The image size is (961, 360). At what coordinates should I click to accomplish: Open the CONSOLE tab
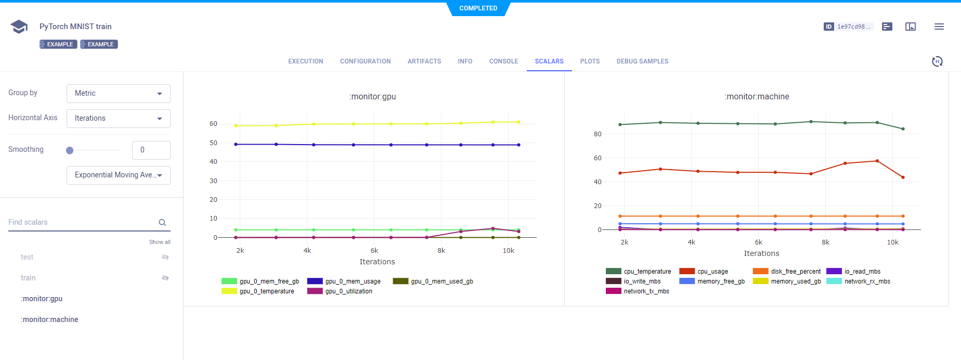coord(503,61)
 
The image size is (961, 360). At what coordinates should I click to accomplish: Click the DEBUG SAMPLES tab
coord(642,61)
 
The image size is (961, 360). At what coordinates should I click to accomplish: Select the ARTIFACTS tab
coord(424,61)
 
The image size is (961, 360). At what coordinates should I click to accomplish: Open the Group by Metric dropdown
coord(119,94)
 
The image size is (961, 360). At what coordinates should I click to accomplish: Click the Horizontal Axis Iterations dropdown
coord(119,119)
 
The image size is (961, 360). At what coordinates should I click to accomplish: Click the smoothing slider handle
coord(70,150)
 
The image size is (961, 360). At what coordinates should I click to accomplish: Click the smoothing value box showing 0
coord(151,150)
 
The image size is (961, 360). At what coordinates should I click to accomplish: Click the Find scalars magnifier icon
coord(162,223)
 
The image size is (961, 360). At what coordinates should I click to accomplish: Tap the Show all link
coord(160,242)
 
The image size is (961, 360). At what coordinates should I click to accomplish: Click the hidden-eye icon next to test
coord(165,258)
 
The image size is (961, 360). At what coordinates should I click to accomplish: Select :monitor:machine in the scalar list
coord(49,319)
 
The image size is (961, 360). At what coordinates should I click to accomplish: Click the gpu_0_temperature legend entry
coord(266,291)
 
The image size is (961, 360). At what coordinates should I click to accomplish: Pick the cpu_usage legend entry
coord(712,272)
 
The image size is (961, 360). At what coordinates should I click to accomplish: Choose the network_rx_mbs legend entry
coord(867,281)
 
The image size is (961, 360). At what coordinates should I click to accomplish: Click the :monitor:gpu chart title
coord(372,97)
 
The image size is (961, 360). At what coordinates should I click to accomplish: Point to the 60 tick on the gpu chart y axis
coord(213,124)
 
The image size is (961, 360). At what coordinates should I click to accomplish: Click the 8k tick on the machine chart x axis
coord(825,242)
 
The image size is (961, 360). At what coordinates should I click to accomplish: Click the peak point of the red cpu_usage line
coord(877,161)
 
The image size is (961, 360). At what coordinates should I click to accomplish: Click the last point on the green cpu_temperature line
coord(903,129)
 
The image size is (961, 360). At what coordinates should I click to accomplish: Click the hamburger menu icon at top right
coord(939,27)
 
